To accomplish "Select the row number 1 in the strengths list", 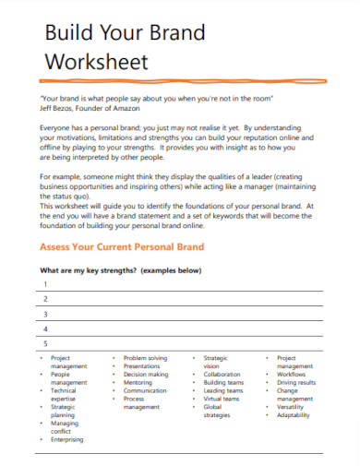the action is point(45,284).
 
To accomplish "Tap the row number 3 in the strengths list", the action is point(45,314).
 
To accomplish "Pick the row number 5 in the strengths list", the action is point(45,343).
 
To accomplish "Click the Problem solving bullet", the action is point(145,358).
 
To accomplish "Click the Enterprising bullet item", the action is point(66,440).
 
